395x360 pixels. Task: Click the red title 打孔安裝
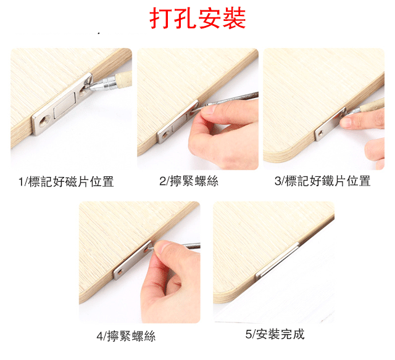tap(197, 18)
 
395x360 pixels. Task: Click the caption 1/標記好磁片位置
tap(66, 182)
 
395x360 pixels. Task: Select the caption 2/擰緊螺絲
tap(189, 181)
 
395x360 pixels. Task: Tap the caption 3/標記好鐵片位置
tap(322, 181)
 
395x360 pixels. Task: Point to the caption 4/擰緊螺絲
tap(126, 336)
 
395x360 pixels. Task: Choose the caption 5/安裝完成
tap(275, 334)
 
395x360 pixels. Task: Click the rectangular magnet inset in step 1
tap(64, 105)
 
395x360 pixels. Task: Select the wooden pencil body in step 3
tap(372, 105)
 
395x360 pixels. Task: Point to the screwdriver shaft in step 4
tap(191, 245)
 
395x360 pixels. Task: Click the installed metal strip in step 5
tap(277, 261)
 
